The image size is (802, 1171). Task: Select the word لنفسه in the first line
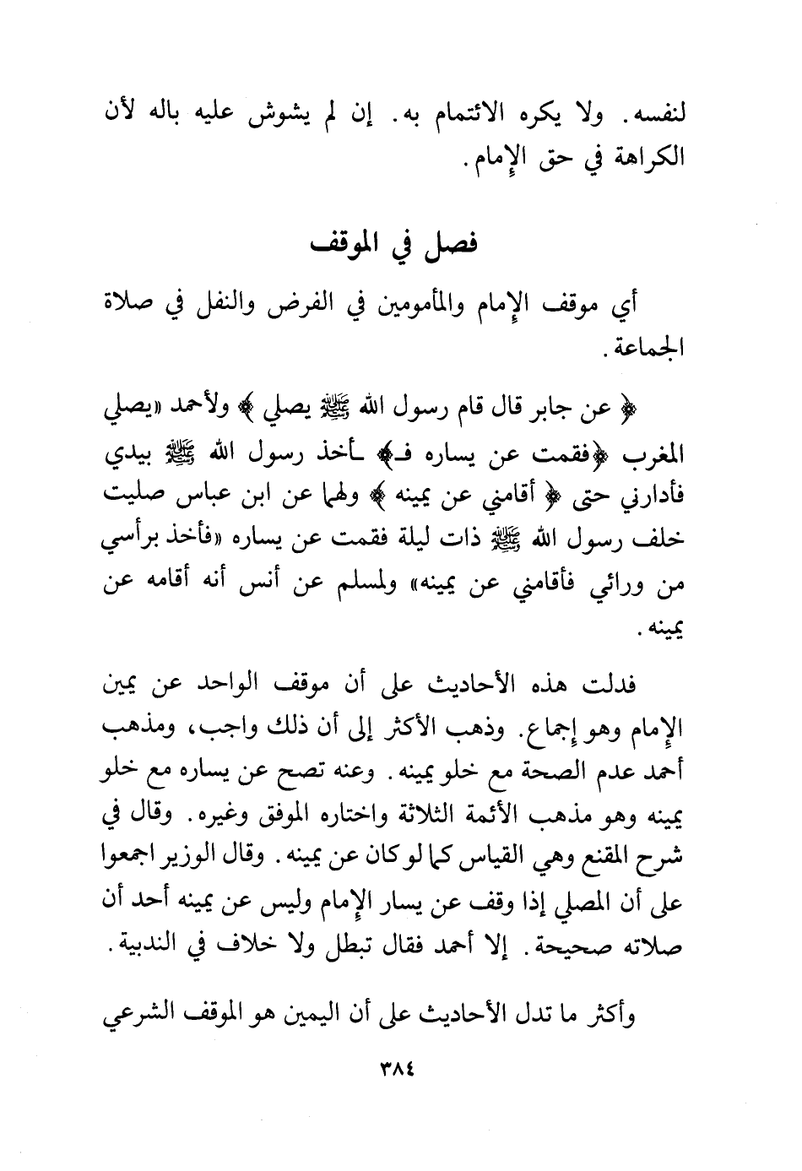click(658, 117)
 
